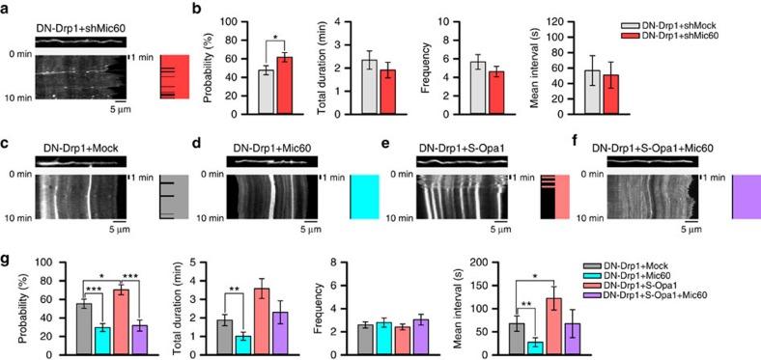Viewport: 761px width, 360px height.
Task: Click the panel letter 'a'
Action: [5, 8]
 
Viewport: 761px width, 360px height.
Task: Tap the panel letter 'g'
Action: [5, 260]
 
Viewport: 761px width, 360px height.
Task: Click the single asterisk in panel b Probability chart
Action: [276, 39]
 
